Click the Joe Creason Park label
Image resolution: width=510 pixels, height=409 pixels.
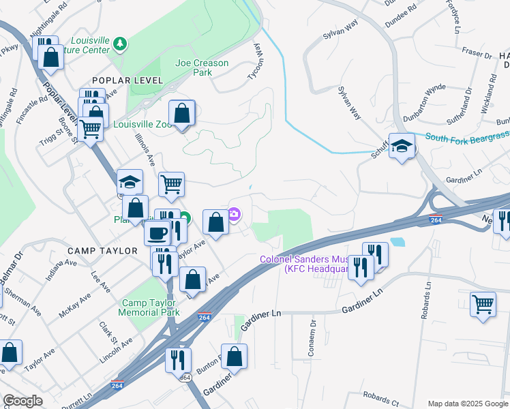click(x=202, y=67)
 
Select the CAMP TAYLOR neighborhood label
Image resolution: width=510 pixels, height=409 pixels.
click(x=102, y=251)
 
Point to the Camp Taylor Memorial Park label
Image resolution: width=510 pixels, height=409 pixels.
click(x=151, y=307)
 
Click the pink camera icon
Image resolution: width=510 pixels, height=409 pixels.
click(x=234, y=216)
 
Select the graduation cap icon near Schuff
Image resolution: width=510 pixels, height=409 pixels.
click(x=402, y=146)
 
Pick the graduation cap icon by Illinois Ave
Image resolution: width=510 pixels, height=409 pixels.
click(x=130, y=182)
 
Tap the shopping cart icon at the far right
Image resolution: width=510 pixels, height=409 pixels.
click(x=483, y=303)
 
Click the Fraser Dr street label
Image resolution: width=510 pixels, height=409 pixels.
click(x=477, y=53)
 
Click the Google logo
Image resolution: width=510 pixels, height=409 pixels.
click(x=22, y=401)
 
